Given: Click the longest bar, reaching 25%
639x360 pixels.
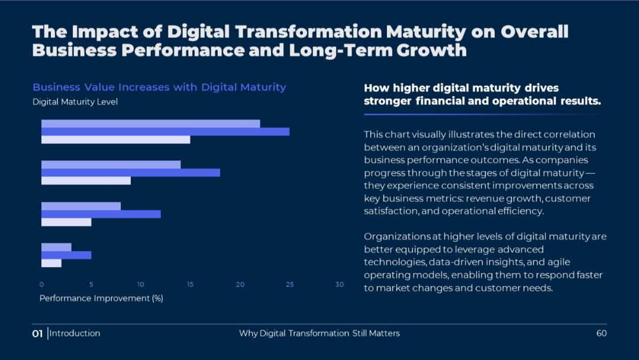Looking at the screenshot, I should tap(165, 131).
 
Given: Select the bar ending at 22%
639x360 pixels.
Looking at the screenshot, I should tap(150, 123).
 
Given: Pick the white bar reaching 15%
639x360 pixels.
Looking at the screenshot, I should tap(115, 140).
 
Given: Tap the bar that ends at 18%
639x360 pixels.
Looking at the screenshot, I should tap(130, 172).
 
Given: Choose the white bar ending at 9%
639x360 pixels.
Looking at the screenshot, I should tap(86, 181).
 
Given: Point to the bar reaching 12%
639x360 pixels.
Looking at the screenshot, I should tap(101, 214).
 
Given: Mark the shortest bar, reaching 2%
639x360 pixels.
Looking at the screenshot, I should tap(51, 263).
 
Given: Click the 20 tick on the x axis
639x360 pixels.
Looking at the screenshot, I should tap(240, 285).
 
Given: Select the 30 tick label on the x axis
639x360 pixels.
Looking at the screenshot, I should tap(339, 285).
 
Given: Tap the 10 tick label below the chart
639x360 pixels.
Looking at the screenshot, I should tap(140, 285).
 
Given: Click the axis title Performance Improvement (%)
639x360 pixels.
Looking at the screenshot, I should tap(101, 298).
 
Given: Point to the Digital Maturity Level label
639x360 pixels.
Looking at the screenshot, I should tap(75, 102).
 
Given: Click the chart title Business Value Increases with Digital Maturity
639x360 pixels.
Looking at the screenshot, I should tap(159, 87).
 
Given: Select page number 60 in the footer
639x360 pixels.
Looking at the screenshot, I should tap(601, 333).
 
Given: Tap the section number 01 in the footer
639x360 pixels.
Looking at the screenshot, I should tap(37, 334).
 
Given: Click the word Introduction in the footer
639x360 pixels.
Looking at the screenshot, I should tap(75, 333).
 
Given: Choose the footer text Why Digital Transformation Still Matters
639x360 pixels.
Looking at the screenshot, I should tap(319, 333).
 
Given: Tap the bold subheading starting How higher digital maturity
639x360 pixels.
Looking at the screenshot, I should tap(482, 95).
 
